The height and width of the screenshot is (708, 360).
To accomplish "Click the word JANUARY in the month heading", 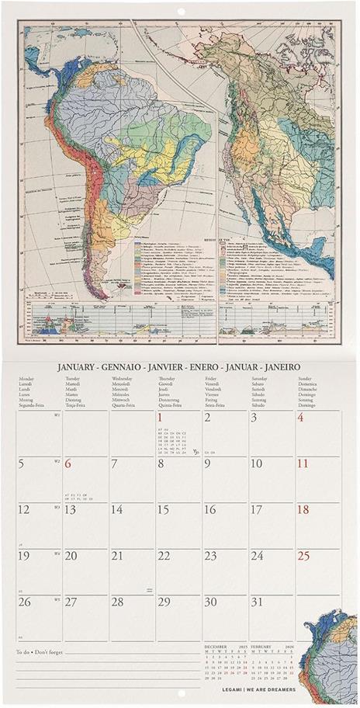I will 81,366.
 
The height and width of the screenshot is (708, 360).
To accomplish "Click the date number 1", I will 161,418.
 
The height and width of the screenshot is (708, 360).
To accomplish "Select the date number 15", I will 163,510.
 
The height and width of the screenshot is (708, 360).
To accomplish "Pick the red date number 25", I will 303,556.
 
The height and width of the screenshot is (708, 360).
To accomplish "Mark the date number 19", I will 24,556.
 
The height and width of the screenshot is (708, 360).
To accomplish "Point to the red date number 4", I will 301,418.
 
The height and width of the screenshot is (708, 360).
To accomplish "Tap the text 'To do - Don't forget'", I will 39,652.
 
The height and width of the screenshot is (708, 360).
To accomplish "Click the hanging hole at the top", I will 181,10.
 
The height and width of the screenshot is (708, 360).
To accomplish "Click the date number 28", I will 116,602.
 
